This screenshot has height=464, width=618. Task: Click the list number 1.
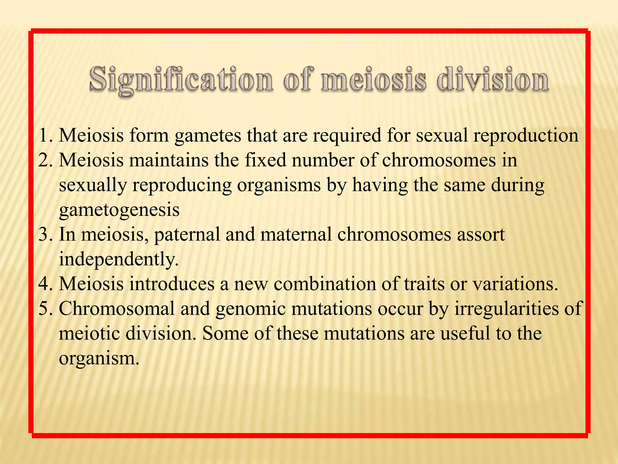(45, 135)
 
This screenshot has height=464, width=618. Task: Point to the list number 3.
(45, 234)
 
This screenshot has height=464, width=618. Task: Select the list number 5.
(45, 309)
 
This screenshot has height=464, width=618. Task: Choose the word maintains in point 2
(169, 160)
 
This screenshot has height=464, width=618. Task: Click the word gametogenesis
(119, 210)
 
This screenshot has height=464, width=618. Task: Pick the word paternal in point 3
(187, 235)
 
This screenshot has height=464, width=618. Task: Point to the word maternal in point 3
(296, 234)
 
